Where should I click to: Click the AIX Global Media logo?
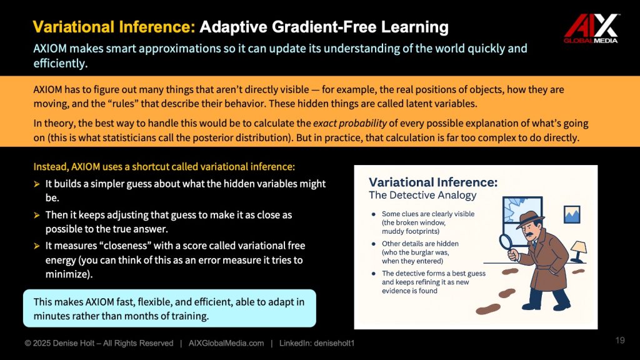(591, 28)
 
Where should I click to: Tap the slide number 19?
(620, 341)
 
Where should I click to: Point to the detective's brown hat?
(530, 219)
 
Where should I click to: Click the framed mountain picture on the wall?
(572, 214)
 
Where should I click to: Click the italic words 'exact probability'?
(350, 123)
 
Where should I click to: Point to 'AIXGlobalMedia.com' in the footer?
(226, 343)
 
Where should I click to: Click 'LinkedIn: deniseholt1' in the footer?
(317, 343)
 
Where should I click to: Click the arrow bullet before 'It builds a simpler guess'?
(37, 184)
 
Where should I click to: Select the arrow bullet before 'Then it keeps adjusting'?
(37, 215)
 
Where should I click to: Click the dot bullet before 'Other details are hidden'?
(374, 244)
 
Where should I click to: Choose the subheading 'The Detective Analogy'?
(422, 196)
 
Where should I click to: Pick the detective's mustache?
(529, 236)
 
